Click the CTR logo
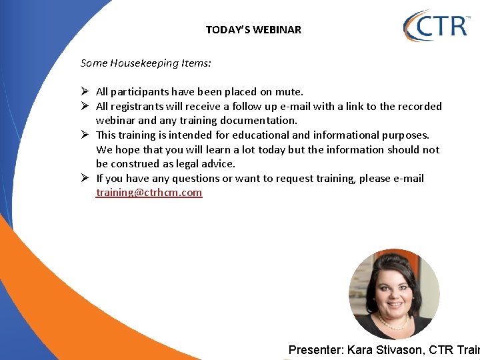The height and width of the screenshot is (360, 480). pos(437,26)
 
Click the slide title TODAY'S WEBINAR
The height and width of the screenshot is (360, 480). pos(253,29)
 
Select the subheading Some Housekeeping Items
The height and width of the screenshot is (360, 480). pos(145,63)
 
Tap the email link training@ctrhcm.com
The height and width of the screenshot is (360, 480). pos(149,193)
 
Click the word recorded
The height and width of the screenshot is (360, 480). pos(419,107)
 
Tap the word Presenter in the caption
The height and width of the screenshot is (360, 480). pos(315,350)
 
